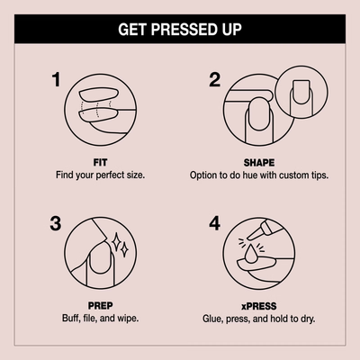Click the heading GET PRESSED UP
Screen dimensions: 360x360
pyautogui.click(x=180, y=30)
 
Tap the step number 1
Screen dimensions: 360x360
pyautogui.click(x=56, y=80)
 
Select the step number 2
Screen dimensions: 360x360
pyautogui.click(x=214, y=80)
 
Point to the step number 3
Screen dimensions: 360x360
pyautogui.click(x=56, y=223)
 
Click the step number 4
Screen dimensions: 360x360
pyautogui.click(x=214, y=223)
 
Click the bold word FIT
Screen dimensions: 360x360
pyautogui.click(x=100, y=163)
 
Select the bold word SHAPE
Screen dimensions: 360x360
pyautogui.click(x=259, y=163)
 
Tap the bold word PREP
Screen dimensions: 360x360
pyautogui.click(x=101, y=306)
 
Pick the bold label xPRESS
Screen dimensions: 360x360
pyautogui.click(x=259, y=306)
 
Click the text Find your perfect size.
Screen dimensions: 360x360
pyautogui.click(x=100, y=175)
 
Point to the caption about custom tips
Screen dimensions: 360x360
pyautogui.click(x=259, y=175)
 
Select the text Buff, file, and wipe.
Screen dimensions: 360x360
pyautogui.click(x=100, y=318)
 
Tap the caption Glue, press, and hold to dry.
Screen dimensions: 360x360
pyautogui.click(x=259, y=319)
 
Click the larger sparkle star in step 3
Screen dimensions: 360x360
pyautogui.click(x=116, y=241)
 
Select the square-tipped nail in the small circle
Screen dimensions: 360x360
pyautogui.click(x=301, y=92)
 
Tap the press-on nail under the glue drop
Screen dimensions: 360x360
pyautogui.click(x=256, y=264)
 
